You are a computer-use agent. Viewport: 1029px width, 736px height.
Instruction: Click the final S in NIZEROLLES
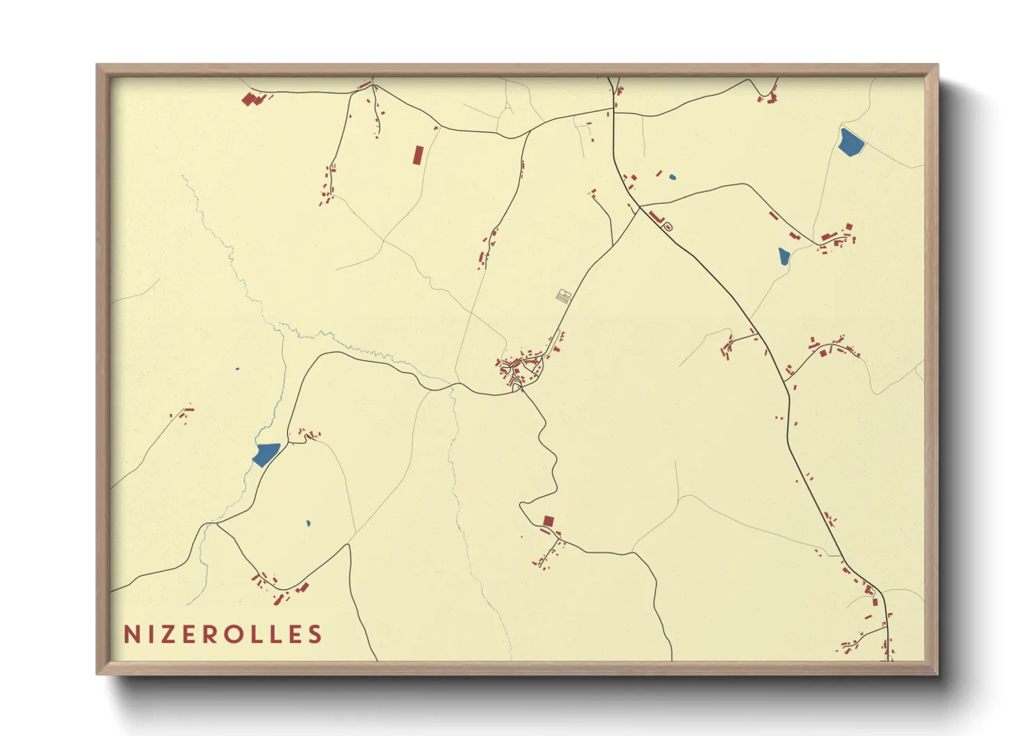pyautogui.click(x=316, y=634)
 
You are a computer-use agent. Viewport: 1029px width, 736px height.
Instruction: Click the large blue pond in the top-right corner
pyautogui.click(x=850, y=142)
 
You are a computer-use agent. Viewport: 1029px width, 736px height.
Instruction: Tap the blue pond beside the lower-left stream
pyautogui.click(x=265, y=454)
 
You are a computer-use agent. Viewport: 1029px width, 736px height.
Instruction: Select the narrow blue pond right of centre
pyautogui.click(x=784, y=257)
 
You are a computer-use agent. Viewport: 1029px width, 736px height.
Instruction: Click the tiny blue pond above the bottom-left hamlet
pyautogui.click(x=308, y=523)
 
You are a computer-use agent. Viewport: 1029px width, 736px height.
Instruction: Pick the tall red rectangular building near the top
pyautogui.click(x=417, y=154)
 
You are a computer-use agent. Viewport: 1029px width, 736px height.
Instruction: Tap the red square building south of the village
pyautogui.click(x=549, y=521)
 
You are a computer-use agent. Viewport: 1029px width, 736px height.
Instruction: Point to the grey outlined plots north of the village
pyautogui.click(x=564, y=296)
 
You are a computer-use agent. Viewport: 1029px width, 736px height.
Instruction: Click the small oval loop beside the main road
pyautogui.click(x=667, y=227)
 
